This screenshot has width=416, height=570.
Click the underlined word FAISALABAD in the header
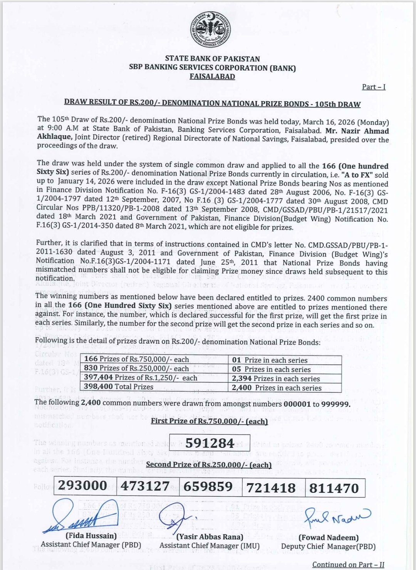(212, 76)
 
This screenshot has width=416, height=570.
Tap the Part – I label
(373, 87)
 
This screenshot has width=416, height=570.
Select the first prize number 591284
(210, 443)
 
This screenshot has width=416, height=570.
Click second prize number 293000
(83, 486)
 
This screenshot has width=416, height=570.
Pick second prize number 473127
(145, 486)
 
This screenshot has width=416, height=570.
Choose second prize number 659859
(208, 487)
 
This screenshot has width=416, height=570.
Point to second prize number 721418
(271, 488)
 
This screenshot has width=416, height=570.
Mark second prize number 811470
(334, 488)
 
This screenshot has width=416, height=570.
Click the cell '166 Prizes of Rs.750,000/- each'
(137, 359)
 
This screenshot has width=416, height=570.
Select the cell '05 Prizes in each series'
(271, 369)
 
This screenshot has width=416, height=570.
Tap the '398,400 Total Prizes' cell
(119, 387)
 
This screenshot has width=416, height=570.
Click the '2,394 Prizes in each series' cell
(276, 378)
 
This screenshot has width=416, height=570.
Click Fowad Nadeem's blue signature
(337, 517)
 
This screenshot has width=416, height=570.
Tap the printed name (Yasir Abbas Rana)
(210, 536)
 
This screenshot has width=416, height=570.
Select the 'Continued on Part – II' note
(348, 565)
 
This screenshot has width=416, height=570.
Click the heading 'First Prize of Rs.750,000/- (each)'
(209, 421)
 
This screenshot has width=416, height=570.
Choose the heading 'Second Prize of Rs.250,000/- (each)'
(208, 464)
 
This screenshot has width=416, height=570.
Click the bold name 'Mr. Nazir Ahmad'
(357, 131)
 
